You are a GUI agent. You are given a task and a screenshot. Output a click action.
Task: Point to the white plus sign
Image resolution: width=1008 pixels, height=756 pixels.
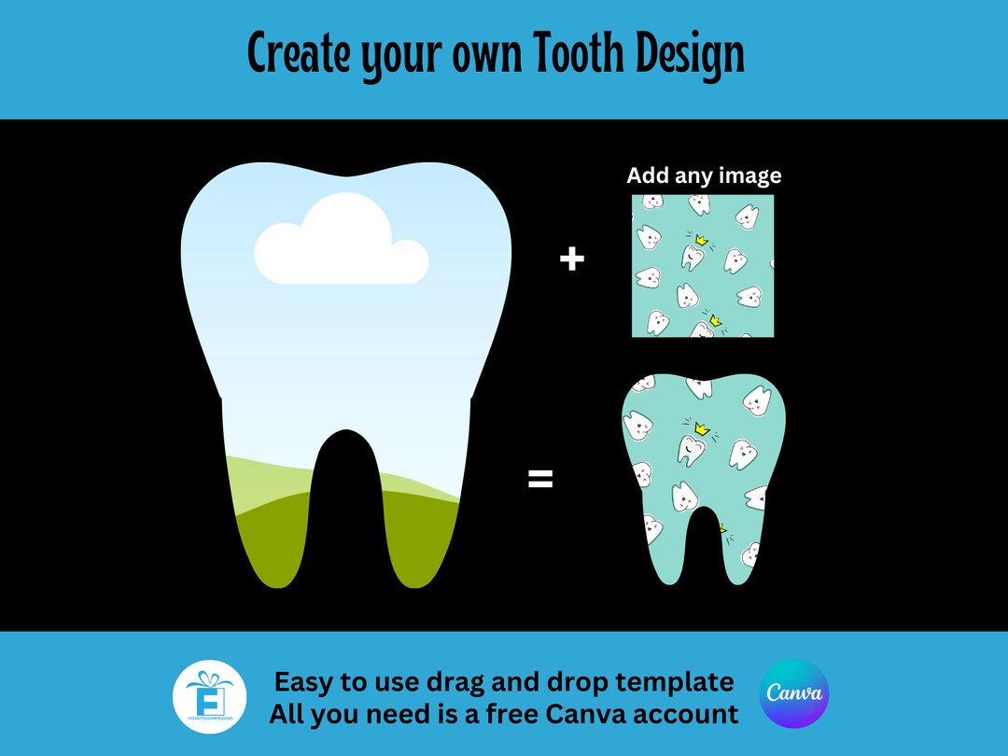tap(571, 259)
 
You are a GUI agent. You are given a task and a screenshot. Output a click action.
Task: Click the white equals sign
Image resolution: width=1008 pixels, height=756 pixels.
tap(540, 480)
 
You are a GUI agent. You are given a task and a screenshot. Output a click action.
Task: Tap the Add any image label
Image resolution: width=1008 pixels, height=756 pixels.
tap(704, 175)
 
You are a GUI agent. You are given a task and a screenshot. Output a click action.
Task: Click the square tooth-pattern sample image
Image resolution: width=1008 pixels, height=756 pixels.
tap(703, 266)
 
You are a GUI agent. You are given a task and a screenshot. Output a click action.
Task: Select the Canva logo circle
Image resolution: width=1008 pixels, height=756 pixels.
tap(794, 693)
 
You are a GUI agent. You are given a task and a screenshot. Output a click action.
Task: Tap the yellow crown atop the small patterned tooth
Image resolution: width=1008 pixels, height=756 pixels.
tap(701, 428)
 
